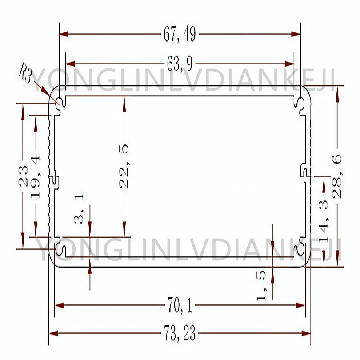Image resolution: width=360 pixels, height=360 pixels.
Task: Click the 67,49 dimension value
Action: click(x=180, y=34)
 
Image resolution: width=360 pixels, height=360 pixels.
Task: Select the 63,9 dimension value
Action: click(x=180, y=64)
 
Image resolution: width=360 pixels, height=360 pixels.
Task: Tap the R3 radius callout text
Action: click(x=25, y=72)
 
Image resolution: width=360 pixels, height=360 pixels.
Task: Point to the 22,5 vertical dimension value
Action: click(x=124, y=166)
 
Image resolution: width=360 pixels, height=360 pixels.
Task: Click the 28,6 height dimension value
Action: click(x=337, y=176)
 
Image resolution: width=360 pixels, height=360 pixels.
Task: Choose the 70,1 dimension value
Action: click(x=180, y=305)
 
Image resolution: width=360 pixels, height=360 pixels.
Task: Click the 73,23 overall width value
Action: click(x=180, y=333)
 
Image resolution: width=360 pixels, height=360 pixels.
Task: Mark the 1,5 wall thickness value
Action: click(x=261, y=286)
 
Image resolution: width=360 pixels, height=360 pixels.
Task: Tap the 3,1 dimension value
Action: click(x=79, y=208)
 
